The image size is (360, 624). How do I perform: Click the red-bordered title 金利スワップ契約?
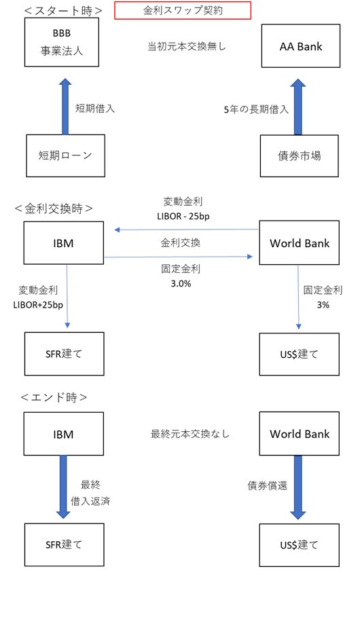pyautogui.click(x=183, y=10)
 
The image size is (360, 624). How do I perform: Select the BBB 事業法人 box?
pyautogui.click(x=62, y=42)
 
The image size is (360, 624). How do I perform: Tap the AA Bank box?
pyautogui.click(x=301, y=45)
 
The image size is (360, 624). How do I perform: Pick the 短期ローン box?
pyautogui.click(x=66, y=155)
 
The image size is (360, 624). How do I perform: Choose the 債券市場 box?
pyautogui.click(x=300, y=156)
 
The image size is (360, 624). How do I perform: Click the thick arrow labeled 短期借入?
pyautogui.click(x=65, y=107)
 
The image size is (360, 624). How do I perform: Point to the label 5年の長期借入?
pyautogui.click(x=256, y=109)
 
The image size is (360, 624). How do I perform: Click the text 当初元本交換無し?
pyautogui.click(x=187, y=47)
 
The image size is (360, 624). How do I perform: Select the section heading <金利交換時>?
pyautogui.click(x=54, y=208)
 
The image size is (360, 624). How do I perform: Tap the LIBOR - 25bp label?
pyautogui.click(x=183, y=217)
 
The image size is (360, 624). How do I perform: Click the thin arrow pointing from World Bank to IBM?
pyautogui.click(x=187, y=230)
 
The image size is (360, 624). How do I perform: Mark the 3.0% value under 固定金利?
pyautogui.click(x=181, y=283)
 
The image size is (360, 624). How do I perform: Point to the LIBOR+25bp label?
pyautogui.click(x=38, y=305)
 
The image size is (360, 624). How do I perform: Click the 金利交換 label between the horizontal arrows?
pyautogui.click(x=181, y=243)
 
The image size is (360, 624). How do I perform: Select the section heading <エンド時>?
pyautogui.click(x=54, y=397)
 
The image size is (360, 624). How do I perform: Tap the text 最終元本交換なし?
pyautogui.click(x=190, y=434)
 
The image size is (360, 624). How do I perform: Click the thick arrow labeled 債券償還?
pyautogui.click(x=298, y=488)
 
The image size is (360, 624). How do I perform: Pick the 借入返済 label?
pyautogui.click(x=90, y=501)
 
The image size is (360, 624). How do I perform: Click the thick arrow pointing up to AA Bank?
pyautogui.click(x=298, y=107)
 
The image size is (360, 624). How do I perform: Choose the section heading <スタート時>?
pyautogui.click(x=63, y=11)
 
